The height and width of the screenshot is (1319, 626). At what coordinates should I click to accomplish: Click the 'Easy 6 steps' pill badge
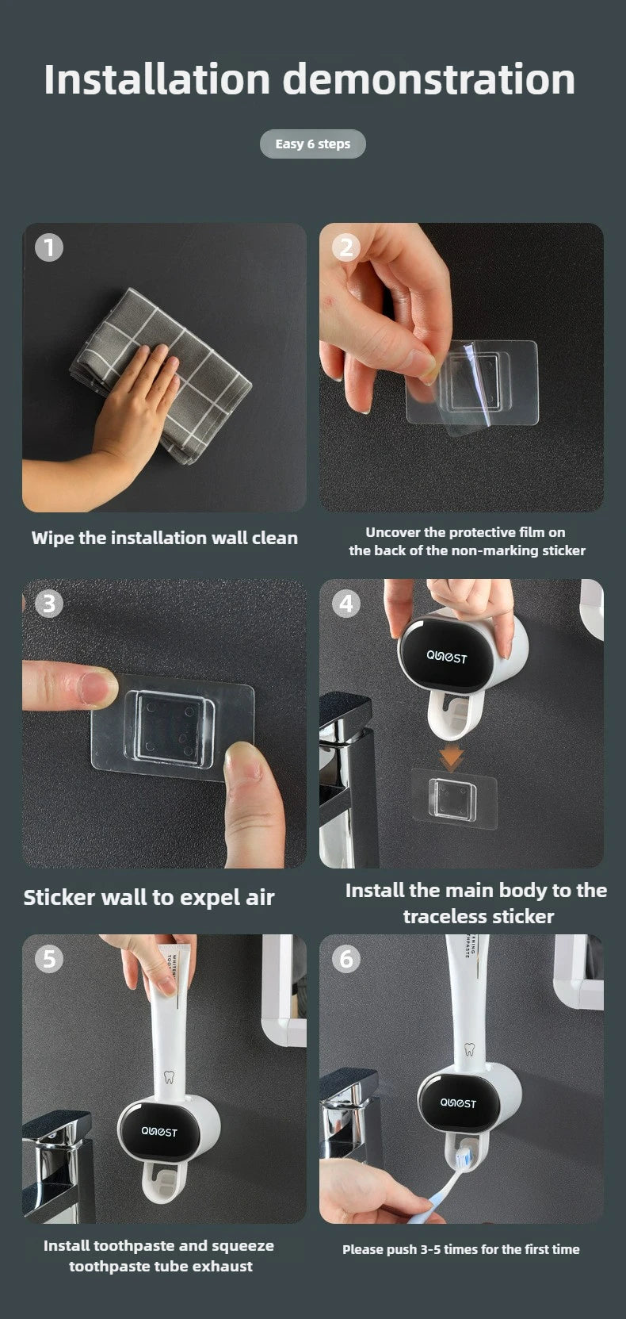pos(312,144)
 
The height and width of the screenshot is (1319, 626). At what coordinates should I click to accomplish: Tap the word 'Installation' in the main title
pos(157,79)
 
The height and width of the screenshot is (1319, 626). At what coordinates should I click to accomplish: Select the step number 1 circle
pos(49,247)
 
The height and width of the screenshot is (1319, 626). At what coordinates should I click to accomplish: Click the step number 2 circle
pos(346,247)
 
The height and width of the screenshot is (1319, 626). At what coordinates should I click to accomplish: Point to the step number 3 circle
pos(49,604)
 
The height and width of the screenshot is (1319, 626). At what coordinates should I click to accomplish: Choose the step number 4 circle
pos(346,604)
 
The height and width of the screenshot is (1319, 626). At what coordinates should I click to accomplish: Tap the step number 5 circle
pos(49,959)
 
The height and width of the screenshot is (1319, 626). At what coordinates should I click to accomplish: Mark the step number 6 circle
pos(346,959)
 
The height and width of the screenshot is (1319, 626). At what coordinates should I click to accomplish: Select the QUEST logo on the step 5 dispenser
pos(158,1132)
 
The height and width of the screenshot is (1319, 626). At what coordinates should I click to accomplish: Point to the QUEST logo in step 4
pos(447,658)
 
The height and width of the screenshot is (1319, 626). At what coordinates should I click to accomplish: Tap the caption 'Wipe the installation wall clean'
pos(165,539)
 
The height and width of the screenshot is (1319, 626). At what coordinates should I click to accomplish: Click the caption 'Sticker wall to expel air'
pos(149,897)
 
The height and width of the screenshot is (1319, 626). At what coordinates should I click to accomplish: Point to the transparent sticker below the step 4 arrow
pos(454,798)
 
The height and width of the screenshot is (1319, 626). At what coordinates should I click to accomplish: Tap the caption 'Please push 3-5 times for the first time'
pos(460,1249)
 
